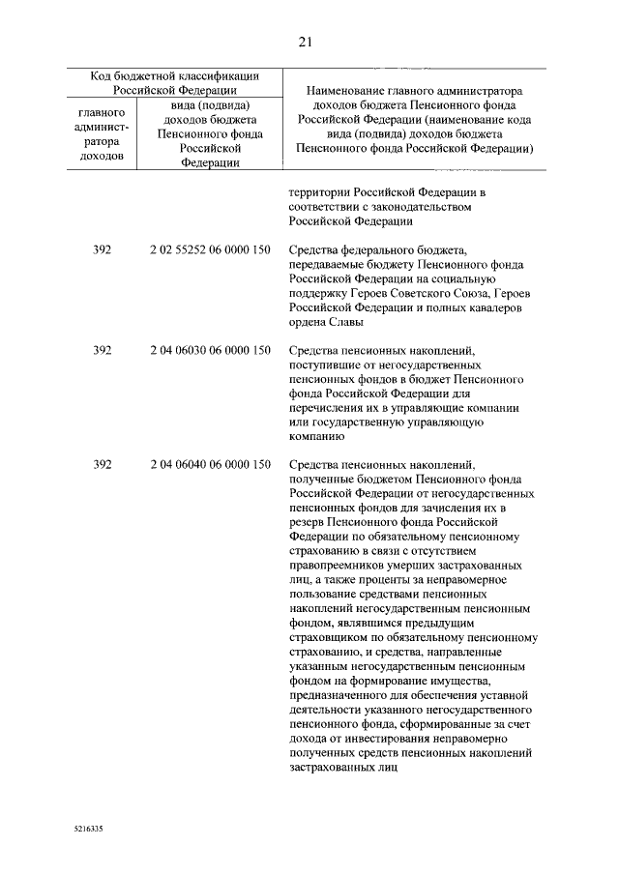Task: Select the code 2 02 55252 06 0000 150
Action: pyautogui.click(x=209, y=249)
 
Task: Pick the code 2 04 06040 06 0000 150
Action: pyautogui.click(x=209, y=465)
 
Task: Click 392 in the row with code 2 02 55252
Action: pyautogui.click(x=103, y=249)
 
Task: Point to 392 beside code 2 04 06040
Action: pyautogui.click(x=103, y=465)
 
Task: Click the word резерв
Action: pyautogui.click(x=308, y=522)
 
